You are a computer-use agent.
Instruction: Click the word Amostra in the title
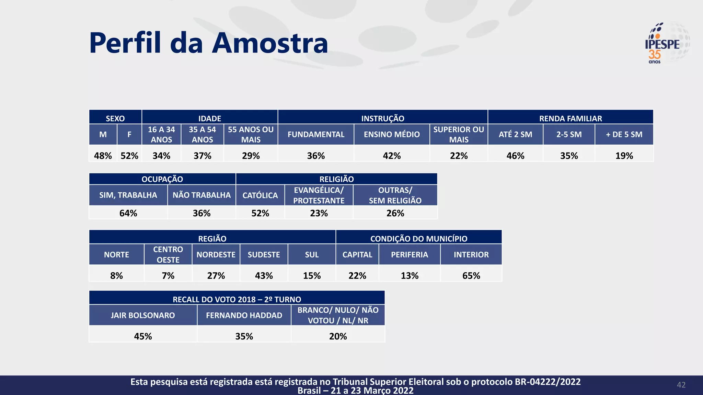[270, 43]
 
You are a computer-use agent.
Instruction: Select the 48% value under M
[103, 156]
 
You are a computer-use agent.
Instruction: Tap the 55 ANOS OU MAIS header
[251, 134]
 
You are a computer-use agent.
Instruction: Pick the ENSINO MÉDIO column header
[392, 134]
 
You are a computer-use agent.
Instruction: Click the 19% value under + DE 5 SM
[624, 156]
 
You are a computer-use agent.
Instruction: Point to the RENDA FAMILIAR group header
[571, 118]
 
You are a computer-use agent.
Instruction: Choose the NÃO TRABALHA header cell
[201, 195]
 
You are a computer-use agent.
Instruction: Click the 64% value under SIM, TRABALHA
[128, 213]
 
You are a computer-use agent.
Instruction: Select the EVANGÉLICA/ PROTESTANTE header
[319, 195]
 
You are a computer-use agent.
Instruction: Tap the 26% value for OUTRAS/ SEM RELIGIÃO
[395, 213]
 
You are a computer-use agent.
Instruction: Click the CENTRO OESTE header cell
[168, 254]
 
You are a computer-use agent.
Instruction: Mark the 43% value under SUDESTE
[264, 276]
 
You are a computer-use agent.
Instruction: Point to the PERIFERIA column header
[410, 254]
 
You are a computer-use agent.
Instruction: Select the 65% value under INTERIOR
[471, 276]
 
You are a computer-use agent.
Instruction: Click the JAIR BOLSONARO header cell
[143, 315]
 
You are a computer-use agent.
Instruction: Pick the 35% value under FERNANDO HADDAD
[244, 336]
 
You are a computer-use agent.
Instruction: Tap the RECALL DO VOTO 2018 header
[237, 299]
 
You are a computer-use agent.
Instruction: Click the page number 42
[681, 385]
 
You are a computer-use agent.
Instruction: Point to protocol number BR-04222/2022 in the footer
[548, 382]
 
